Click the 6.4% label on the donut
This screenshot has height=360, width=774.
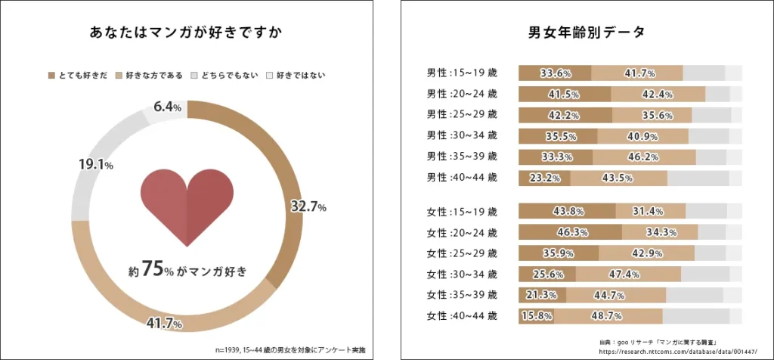pyautogui.click(x=167, y=107)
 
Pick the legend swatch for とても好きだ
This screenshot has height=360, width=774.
pyautogui.click(x=51, y=75)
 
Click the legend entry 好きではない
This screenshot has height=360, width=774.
pyautogui.click(x=301, y=75)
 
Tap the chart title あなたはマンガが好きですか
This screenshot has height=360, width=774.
pyautogui.click(x=187, y=34)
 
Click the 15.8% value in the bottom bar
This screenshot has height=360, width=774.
pyautogui.click(x=537, y=315)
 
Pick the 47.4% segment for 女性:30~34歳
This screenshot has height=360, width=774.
pyautogui.click(x=627, y=274)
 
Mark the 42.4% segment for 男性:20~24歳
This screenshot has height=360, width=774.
pyautogui.click(x=658, y=95)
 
